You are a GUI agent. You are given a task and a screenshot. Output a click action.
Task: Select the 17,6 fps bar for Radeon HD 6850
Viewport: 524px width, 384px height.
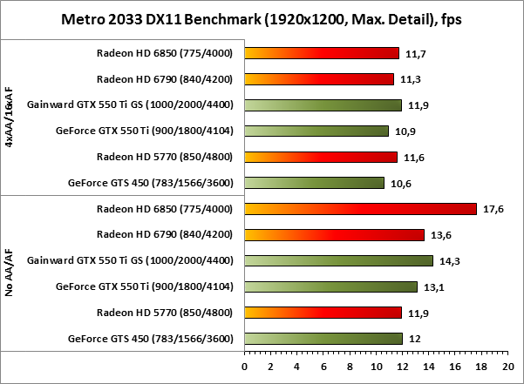(361, 208)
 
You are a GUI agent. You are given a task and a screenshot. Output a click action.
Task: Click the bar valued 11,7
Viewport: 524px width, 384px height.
(322, 53)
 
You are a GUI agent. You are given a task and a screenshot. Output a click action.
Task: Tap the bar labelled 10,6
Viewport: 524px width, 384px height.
(315, 183)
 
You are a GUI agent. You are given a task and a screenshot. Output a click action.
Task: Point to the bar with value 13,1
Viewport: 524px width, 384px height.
(331, 286)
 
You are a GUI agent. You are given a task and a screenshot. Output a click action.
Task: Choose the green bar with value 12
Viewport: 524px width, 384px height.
(323, 338)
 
